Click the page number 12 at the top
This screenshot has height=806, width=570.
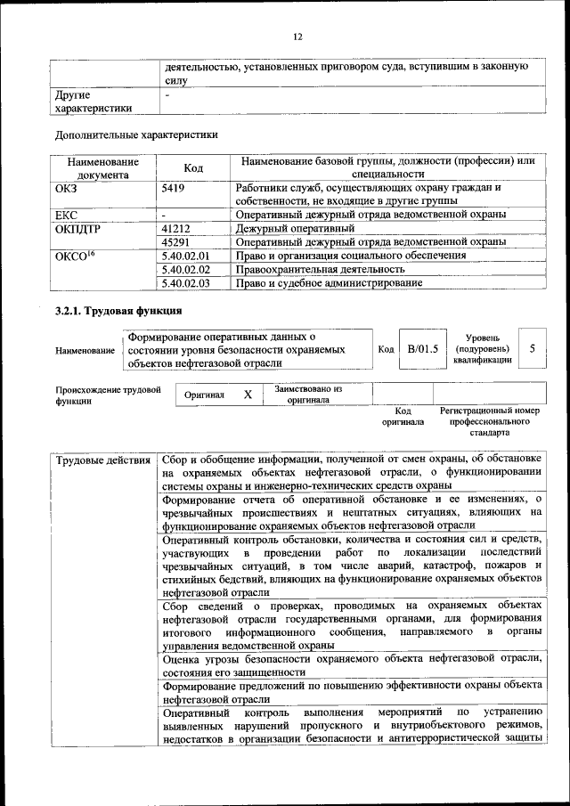click(297, 36)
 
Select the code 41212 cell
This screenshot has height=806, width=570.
click(177, 228)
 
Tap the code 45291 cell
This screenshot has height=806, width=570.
click(177, 241)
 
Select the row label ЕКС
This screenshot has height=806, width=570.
click(68, 215)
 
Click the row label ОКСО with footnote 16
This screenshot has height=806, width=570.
click(75, 256)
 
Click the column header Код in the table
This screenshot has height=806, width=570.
click(193, 168)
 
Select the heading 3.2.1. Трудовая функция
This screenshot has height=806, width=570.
click(118, 312)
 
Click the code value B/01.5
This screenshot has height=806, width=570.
click(423, 348)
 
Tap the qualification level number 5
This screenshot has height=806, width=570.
click(532, 348)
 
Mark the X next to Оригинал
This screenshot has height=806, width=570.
click(248, 394)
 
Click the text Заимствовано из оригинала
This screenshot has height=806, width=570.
click(308, 395)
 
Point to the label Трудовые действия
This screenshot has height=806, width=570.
click(102, 460)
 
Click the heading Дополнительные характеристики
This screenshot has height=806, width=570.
click(136, 134)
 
